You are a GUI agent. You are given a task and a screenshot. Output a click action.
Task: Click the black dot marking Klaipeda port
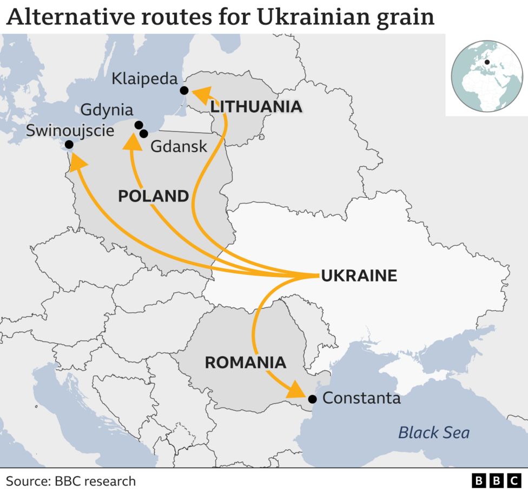tap(184, 90)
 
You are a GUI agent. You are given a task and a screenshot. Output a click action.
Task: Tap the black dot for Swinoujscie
tap(69, 144)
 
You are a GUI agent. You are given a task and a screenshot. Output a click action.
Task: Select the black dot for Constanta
tap(312, 399)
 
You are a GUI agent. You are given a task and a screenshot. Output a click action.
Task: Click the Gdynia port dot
tap(138, 125)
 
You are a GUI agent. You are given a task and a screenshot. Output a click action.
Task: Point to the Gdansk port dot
tap(143, 133)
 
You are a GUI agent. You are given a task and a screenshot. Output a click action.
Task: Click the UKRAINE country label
tap(359, 276)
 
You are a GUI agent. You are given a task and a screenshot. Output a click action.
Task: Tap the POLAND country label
tap(153, 196)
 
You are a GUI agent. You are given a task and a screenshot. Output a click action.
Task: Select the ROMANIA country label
tap(246, 362)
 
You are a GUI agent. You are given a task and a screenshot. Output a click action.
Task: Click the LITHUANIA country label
tap(256, 107)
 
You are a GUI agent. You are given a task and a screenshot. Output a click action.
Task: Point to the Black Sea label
tap(434, 432)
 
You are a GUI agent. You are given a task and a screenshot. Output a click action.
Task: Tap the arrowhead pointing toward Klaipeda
tap(202, 96)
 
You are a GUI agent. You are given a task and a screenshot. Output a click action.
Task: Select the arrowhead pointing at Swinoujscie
tap(78, 161)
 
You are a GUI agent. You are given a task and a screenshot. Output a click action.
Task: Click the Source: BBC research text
tap(71, 481)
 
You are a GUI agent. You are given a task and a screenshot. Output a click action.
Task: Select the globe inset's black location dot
tap(487, 62)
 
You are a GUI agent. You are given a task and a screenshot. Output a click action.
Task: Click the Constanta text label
tap(361, 399)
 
